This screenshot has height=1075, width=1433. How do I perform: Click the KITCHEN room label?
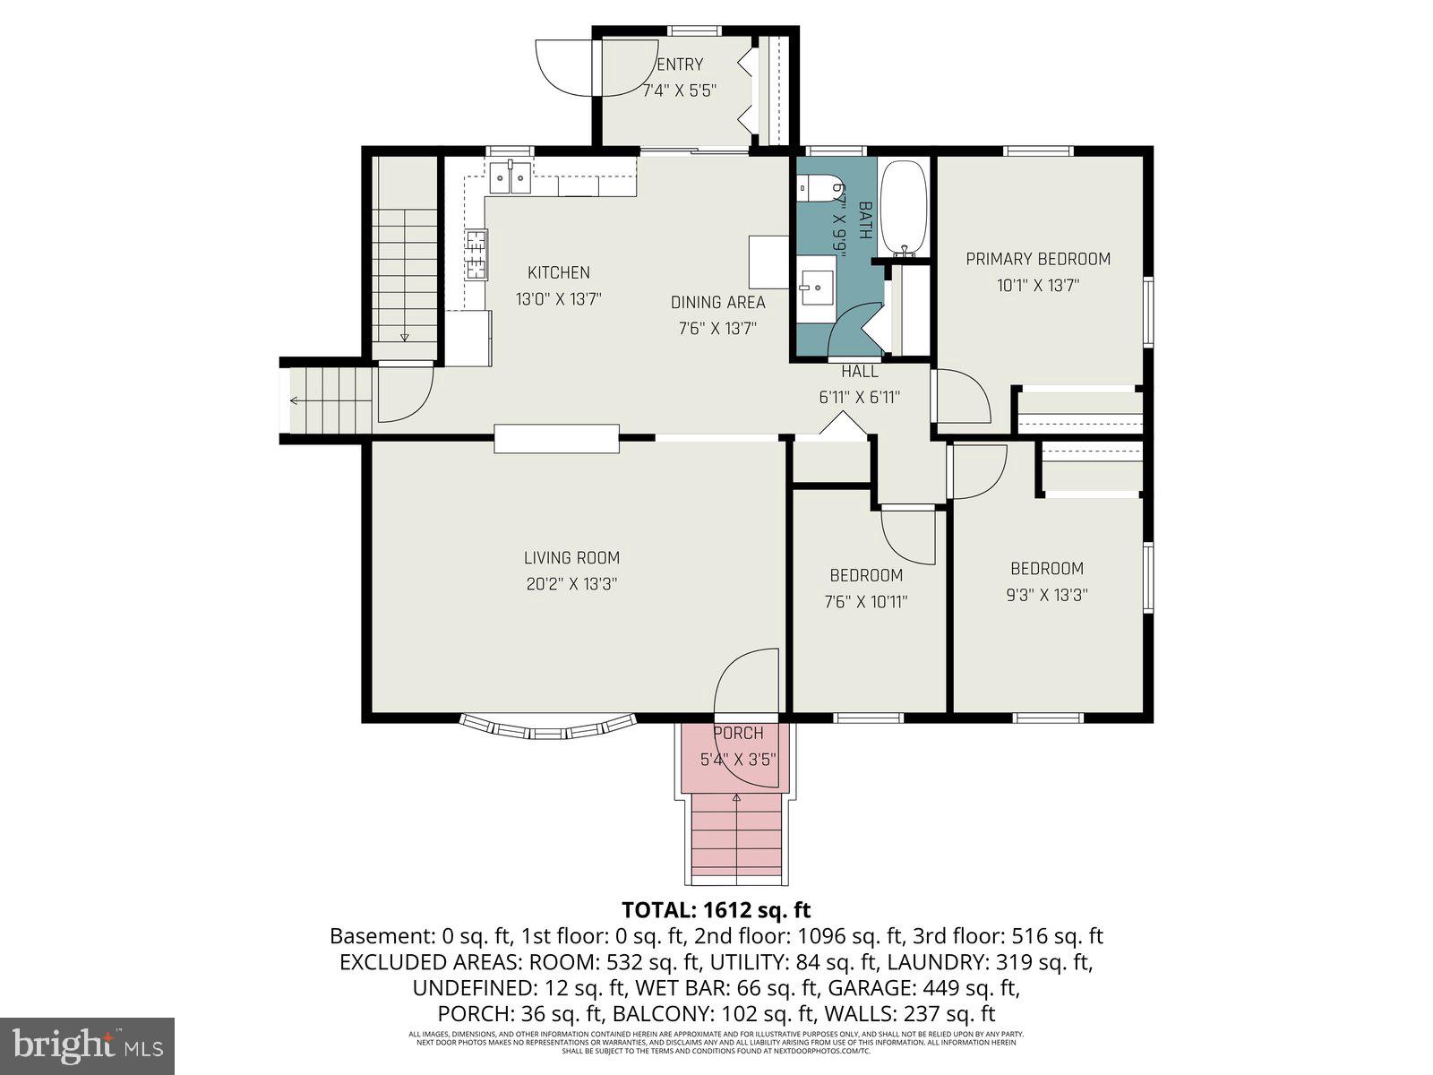pos(558,273)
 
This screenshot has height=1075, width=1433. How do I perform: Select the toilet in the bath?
pos(816,187)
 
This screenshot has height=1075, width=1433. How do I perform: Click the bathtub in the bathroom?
pos(904,207)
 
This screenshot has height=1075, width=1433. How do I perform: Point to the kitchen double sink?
pos(510,177)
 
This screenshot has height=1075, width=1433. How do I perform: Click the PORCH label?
pos(737,734)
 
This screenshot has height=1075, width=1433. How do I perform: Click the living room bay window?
pos(547,727)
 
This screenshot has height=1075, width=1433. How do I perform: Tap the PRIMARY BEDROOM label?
pos(1037,260)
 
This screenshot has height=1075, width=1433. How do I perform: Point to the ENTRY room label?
pos(680,64)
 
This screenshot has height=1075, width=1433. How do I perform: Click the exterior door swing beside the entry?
pos(562,68)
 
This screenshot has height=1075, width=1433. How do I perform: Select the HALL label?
pos(859,371)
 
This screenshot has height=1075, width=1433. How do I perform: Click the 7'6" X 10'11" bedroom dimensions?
pos(865,603)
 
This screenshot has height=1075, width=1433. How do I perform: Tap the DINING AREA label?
pos(717,303)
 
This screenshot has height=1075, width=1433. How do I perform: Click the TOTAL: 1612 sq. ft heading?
pos(716,910)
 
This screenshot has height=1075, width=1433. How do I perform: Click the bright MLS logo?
pos(87,1045)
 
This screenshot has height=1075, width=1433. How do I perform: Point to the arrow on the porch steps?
pos(736,796)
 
